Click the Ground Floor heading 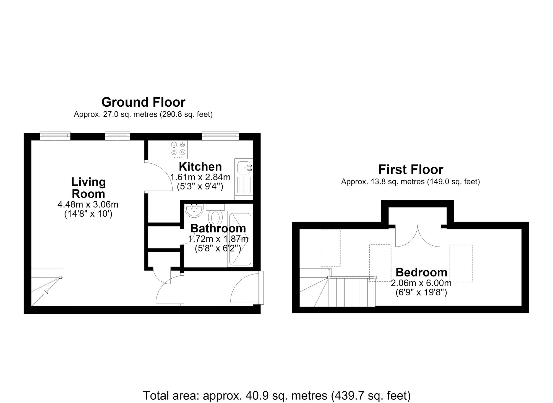[143, 102]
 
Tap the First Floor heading [411, 170]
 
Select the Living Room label [88, 188]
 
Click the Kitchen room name [200, 167]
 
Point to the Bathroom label [218, 229]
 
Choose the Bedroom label [421, 273]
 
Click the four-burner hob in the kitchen [178, 150]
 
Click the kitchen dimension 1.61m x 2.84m [200, 177]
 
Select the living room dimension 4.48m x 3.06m [88, 205]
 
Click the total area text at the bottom [276, 396]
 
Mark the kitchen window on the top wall [220, 135]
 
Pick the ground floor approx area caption [143, 114]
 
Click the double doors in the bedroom [418, 236]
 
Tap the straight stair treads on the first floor [352, 292]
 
